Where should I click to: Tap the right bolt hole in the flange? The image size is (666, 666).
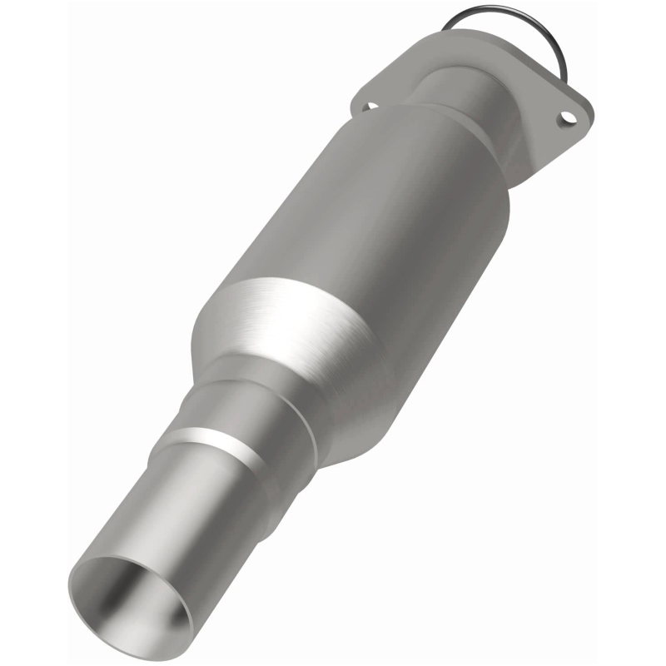[569, 117]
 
